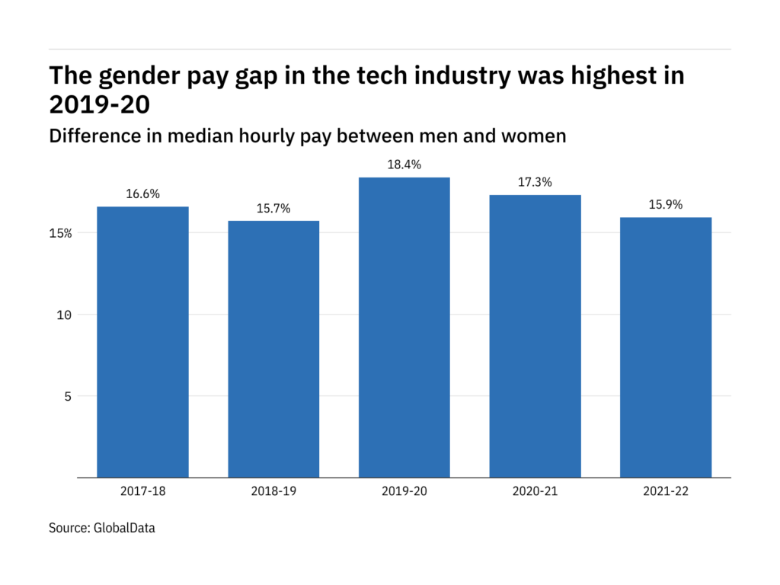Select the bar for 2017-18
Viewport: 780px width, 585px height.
142,342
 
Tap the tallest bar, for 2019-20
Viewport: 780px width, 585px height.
404,328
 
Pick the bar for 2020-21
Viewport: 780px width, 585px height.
535,336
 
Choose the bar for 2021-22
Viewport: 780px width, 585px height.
666,347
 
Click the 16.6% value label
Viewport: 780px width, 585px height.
142,194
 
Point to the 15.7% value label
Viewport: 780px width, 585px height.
273,209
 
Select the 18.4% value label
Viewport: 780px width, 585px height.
404,165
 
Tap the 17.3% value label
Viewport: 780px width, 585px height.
535,183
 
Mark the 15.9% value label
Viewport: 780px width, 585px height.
666,205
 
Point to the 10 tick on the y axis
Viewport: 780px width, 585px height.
64,315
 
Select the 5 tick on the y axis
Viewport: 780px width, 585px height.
68,396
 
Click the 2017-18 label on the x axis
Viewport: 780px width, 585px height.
142,491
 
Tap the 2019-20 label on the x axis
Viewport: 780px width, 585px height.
404,491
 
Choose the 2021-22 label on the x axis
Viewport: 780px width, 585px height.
666,491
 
